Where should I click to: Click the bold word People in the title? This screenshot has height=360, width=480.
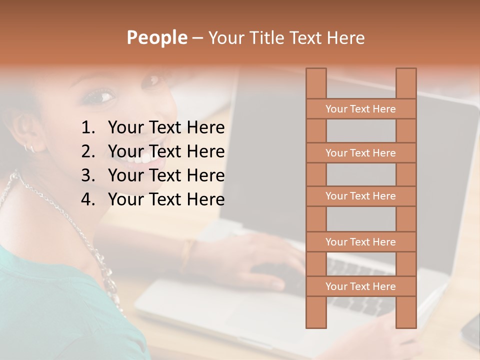[156, 37]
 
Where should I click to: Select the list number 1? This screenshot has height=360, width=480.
[88, 128]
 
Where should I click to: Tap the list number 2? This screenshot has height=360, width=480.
[88, 151]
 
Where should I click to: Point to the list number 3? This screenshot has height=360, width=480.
[88, 175]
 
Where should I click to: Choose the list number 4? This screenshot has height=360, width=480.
[88, 199]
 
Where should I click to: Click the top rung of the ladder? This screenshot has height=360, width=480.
[360, 109]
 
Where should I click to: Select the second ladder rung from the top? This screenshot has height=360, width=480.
[360, 153]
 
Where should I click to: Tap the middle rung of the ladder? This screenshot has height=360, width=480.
[360, 196]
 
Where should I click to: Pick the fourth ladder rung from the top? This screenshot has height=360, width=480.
[360, 242]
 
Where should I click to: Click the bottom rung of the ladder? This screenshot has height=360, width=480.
[360, 286]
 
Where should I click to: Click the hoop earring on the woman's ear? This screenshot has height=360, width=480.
[29, 147]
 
